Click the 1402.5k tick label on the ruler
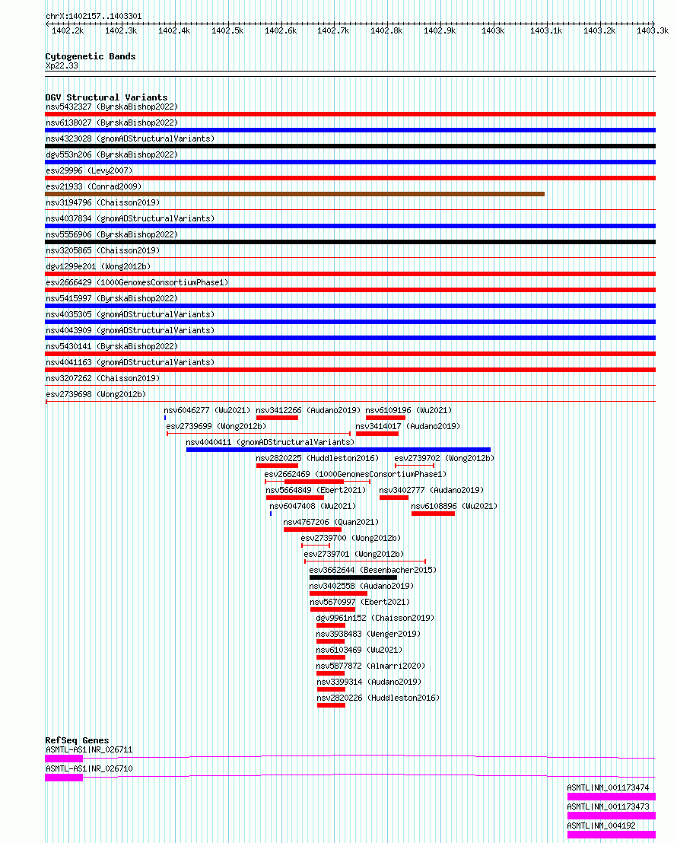pyautogui.click(x=227, y=30)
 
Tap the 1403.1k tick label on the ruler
pyautogui.click(x=545, y=30)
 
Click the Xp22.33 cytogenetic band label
pyautogui.click(x=62, y=66)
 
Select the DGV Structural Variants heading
pyautogui.click(x=106, y=97)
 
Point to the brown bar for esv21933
pyautogui.click(x=294, y=194)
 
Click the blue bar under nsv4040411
pyautogui.click(x=338, y=450)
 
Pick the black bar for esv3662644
pyautogui.click(x=353, y=577)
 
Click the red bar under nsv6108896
pyautogui.click(x=433, y=514)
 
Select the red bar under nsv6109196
pyautogui.click(x=385, y=418)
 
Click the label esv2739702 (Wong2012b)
pyautogui.click(x=443, y=458)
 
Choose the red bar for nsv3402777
pyautogui.click(x=393, y=498)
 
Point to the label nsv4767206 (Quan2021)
pyautogui.click(x=330, y=522)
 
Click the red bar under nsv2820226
pyautogui.click(x=331, y=705)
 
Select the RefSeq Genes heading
pyautogui.click(x=77, y=740)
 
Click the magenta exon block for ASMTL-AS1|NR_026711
pyautogui.click(x=64, y=758)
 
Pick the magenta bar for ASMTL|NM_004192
pyautogui.click(x=611, y=835)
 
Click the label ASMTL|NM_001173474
pyautogui.click(x=608, y=787)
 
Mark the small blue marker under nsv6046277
pyautogui.click(x=165, y=418)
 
